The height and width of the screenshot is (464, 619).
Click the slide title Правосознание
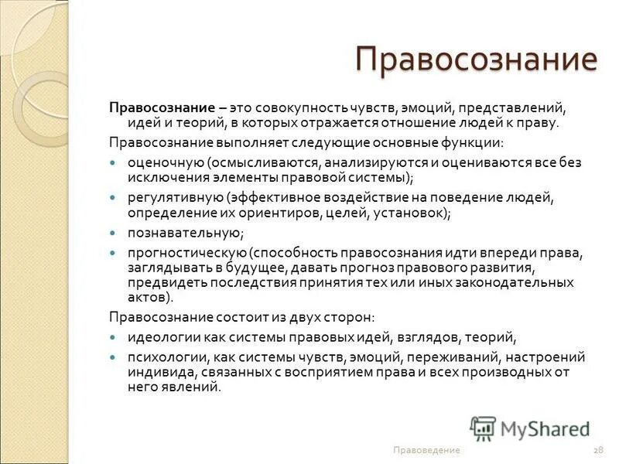(476, 60)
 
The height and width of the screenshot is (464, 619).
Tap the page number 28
(598, 450)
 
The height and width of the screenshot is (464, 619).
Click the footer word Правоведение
(426, 450)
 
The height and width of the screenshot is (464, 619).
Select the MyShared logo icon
(483, 428)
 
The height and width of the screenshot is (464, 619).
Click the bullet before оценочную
(113, 162)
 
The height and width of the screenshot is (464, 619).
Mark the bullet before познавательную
(113, 232)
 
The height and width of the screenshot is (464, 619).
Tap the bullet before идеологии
(113, 336)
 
